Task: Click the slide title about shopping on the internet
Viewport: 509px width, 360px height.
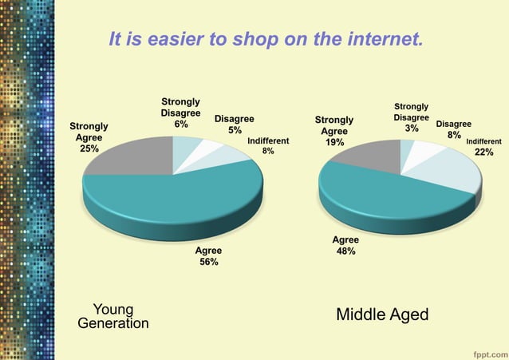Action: tap(266, 39)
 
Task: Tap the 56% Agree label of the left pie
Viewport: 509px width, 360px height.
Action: tap(208, 255)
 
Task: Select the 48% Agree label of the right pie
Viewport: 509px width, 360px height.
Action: tap(345, 245)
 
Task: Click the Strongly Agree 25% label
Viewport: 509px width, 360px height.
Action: tap(89, 137)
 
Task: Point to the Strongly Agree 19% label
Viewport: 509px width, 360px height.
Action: tap(334, 131)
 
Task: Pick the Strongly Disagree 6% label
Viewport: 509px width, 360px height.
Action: tap(180, 113)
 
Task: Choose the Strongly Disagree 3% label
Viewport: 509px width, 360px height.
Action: tap(411, 117)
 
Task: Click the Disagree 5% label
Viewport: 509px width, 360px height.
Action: tap(235, 124)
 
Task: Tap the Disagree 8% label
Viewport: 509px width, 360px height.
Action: tap(453, 129)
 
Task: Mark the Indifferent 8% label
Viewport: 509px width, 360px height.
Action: tap(268, 145)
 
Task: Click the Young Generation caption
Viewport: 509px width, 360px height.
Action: tap(112, 316)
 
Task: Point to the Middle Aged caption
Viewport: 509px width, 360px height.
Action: tap(382, 314)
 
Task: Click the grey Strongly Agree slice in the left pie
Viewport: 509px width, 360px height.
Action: tap(132, 156)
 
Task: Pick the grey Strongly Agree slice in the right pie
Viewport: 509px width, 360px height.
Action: tap(367, 153)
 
